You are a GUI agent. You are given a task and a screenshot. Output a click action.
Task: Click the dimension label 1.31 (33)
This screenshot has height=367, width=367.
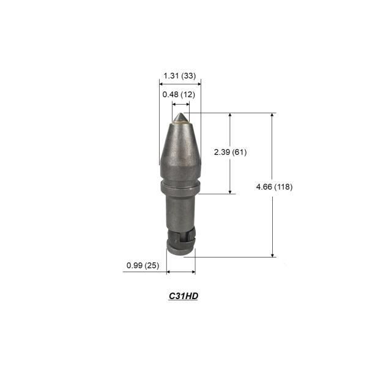click(180, 76)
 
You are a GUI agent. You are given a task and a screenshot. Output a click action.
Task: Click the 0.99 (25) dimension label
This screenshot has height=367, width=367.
click(143, 265)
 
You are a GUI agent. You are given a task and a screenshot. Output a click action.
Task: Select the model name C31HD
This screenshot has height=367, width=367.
click(183, 296)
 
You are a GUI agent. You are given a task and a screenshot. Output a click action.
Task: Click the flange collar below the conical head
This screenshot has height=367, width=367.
click(180, 185)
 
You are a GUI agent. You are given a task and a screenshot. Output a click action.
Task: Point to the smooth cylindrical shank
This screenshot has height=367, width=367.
click(180, 211)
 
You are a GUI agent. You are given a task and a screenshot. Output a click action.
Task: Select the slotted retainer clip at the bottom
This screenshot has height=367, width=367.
click(181, 241)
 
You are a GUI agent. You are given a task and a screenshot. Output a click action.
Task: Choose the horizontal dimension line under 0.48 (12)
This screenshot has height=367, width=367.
click(180, 104)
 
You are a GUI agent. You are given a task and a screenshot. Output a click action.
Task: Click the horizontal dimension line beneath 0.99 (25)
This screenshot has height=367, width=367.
click(180, 272)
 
